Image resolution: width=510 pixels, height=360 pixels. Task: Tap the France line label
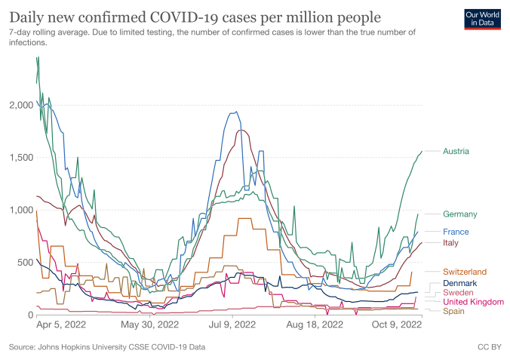click(x=456, y=232)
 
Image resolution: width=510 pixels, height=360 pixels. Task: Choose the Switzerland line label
click(x=465, y=272)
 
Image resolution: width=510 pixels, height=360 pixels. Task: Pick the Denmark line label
click(x=459, y=283)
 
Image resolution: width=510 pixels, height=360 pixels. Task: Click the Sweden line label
click(x=458, y=292)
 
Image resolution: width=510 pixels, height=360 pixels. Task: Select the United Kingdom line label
click(x=473, y=302)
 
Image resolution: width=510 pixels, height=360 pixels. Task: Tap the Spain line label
click(x=453, y=311)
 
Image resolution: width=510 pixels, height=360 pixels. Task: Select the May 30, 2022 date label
click(x=149, y=326)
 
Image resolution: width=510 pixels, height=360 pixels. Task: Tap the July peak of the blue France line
click(x=237, y=112)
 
